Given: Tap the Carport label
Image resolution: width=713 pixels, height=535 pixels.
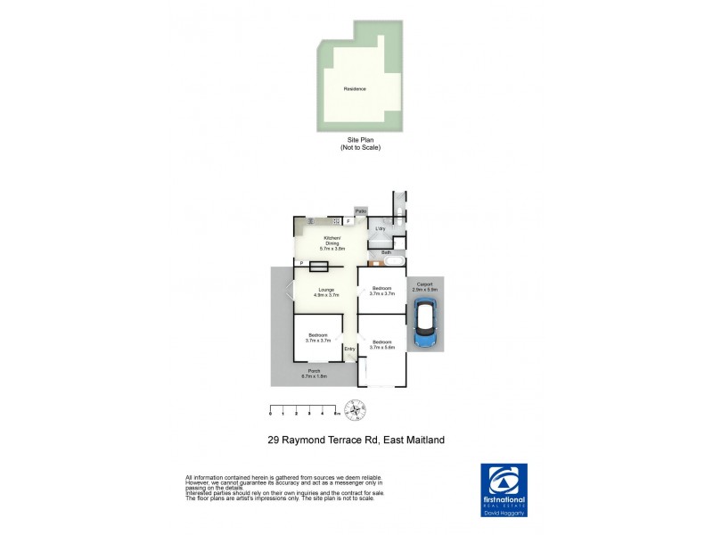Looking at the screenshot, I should click(x=424, y=284).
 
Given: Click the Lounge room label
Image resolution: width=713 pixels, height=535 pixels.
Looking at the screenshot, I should click(x=324, y=289).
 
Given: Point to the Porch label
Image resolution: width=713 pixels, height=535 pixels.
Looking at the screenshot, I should click(x=314, y=371).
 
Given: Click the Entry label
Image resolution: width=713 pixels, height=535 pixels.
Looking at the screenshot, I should click(x=349, y=348).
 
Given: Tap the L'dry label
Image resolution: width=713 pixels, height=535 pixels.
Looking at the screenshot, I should click(x=380, y=229).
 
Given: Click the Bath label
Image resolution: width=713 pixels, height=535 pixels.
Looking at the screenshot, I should click(x=386, y=253).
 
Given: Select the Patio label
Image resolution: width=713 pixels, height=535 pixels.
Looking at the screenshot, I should click(x=361, y=210).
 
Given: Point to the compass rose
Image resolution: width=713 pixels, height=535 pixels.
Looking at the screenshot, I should click(x=355, y=411).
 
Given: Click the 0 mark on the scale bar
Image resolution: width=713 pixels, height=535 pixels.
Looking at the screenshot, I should click(x=270, y=415).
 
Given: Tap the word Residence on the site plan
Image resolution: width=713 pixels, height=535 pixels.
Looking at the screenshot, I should click(x=355, y=88).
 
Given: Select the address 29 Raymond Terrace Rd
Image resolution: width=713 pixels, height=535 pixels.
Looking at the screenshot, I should click(x=356, y=440).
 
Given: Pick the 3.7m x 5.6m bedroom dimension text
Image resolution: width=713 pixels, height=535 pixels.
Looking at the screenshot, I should click(x=382, y=348).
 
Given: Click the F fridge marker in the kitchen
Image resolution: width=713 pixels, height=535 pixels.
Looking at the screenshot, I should click(x=348, y=221).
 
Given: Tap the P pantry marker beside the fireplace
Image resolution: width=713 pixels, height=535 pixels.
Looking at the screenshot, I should click(x=301, y=263).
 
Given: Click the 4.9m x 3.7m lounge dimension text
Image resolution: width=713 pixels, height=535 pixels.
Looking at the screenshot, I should click(x=324, y=294).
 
